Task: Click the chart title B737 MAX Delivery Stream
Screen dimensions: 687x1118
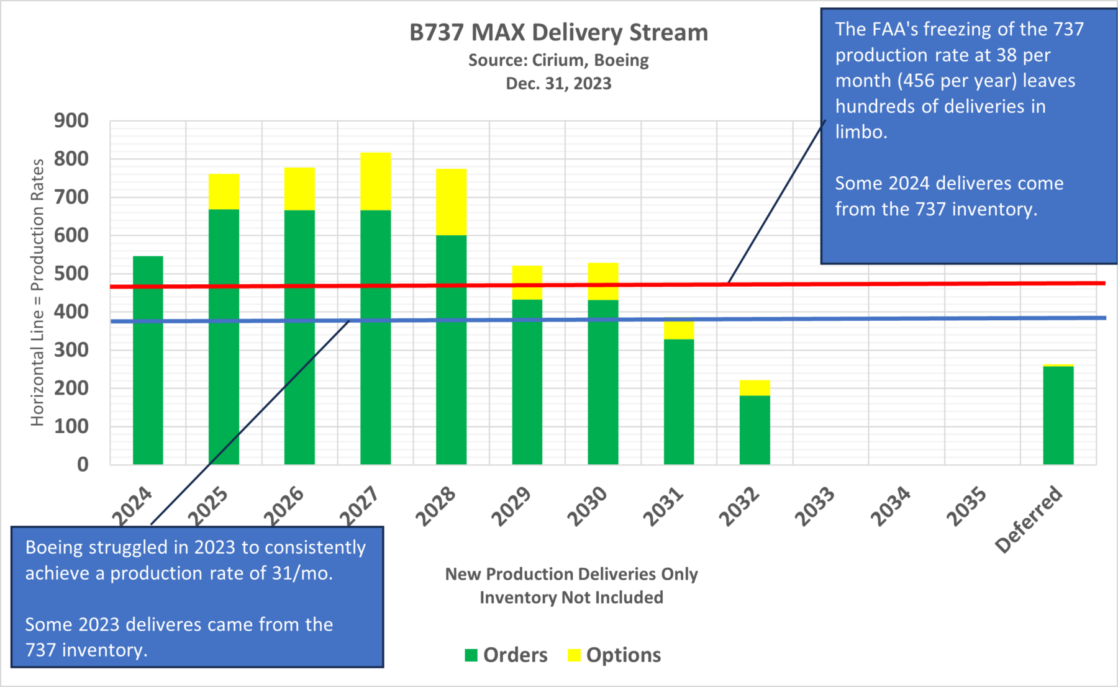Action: [x=558, y=32]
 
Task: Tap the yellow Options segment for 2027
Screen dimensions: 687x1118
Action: [x=375, y=181]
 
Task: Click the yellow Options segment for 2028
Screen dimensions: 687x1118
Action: [x=451, y=202]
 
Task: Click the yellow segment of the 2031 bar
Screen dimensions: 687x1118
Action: [x=678, y=330]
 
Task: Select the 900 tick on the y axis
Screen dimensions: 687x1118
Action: [x=71, y=120]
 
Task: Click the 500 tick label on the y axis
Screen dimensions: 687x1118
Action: [x=71, y=274]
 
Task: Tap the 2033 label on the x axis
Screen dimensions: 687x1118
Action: [x=815, y=507]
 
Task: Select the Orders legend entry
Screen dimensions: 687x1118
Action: [x=506, y=655]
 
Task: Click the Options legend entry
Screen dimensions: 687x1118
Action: [x=614, y=655]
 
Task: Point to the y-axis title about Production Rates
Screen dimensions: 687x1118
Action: [x=38, y=292]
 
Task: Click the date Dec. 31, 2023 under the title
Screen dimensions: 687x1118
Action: [x=558, y=83]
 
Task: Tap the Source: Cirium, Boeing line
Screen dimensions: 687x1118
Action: [x=558, y=60]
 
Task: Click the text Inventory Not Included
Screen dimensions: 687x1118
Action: [x=571, y=597]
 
